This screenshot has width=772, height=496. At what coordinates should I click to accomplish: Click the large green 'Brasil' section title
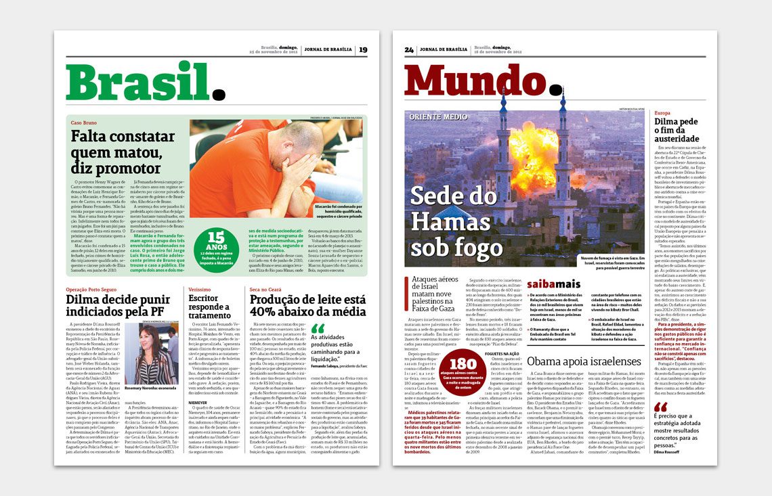(x=140, y=82)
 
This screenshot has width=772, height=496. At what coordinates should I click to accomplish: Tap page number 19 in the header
(x=363, y=49)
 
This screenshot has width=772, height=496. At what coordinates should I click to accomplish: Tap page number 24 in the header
(x=409, y=49)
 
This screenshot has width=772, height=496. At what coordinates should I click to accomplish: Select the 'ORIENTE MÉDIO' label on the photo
(x=437, y=117)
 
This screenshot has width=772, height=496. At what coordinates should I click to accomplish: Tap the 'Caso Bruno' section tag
(x=85, y=122)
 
